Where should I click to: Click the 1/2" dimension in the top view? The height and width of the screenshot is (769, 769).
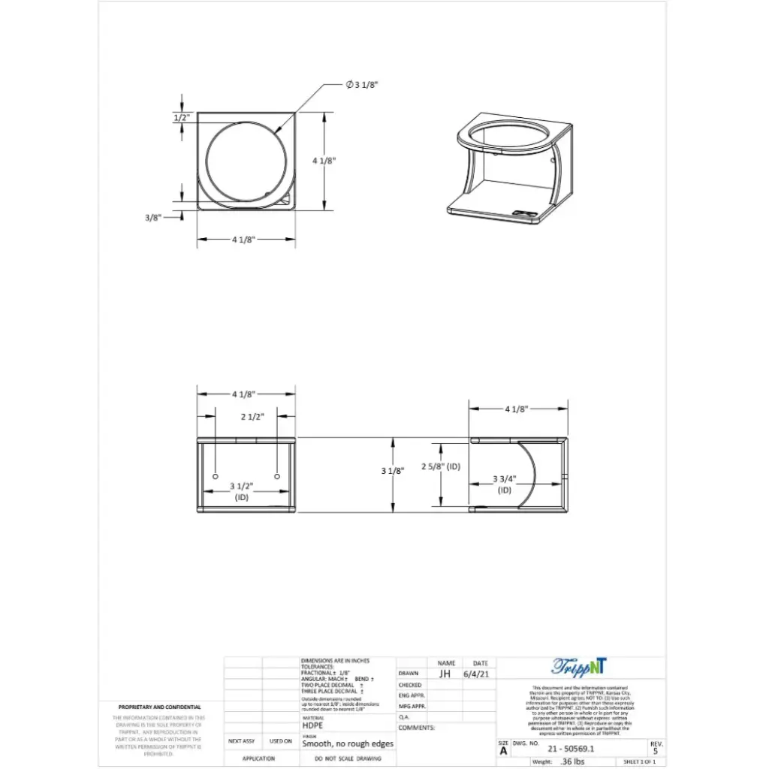point(182,118)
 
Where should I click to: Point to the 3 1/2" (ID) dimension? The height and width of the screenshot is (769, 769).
point(242,491)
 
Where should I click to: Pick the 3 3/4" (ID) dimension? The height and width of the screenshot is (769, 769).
point(504,484)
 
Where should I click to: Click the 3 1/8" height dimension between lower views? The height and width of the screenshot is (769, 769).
point(393,471)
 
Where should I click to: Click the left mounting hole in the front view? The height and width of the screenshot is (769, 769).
point(216,478)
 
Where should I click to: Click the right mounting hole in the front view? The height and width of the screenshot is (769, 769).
point(277,478)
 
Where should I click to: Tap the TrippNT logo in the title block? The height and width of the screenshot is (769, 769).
point(579,666)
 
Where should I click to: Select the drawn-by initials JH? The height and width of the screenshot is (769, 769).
point(445,674)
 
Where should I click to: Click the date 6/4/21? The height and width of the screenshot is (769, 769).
point(481,674)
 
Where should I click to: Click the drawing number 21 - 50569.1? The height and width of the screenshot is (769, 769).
point(571,749)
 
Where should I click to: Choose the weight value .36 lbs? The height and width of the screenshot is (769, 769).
point(571,761)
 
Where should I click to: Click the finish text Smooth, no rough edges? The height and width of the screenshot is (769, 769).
point(348,743)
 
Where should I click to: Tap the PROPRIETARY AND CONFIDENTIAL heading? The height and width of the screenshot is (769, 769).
point(159,707)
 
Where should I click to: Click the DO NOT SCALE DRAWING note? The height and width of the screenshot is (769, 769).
point(348,759)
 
